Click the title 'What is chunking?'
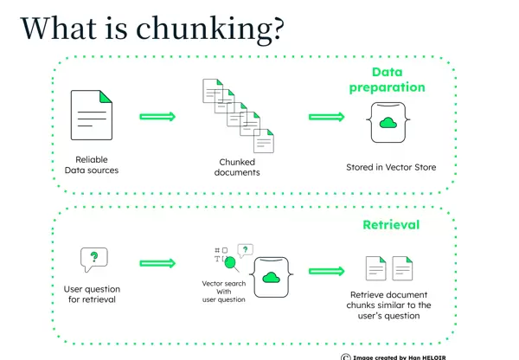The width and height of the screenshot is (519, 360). click(152, 28)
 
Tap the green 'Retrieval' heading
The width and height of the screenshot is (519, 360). click(390, 225)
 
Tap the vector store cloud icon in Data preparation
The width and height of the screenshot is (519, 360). click(389, 122)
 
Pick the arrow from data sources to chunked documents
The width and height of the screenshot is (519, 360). click(157, 117)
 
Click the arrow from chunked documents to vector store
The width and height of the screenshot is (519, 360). click(326, 117)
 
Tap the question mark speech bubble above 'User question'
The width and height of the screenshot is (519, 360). click(93, 258)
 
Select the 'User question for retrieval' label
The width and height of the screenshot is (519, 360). click(93, 294)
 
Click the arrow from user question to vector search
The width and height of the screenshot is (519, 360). click(157, 262)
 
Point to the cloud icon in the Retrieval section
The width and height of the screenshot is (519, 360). click(272, 276)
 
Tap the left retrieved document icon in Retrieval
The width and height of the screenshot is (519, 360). click(375, 268)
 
